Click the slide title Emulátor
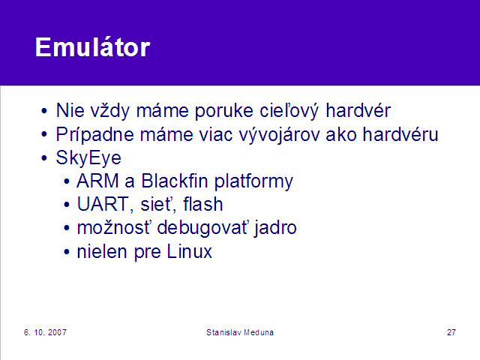click(x=93, y=46)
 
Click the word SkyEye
click(x=88, y=158)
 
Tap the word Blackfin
click(x=175, y=181)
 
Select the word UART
click(x=102, y=204)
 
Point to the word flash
click(x=203, y=204)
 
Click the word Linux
click(x=190, y=251)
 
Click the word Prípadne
click(x=95, y=134)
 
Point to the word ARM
click(x=97, y=181)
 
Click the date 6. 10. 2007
click(x=45, y=332)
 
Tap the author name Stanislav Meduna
click(x=240, y=332)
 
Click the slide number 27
click(x=451, y=332)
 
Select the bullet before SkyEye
click(x=44, y=158)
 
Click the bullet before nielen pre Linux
click(x=67, y=252)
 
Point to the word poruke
click(x=224, y=111)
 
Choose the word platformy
click(x=253, y=181)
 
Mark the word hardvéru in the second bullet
click(x=400, y=134)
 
